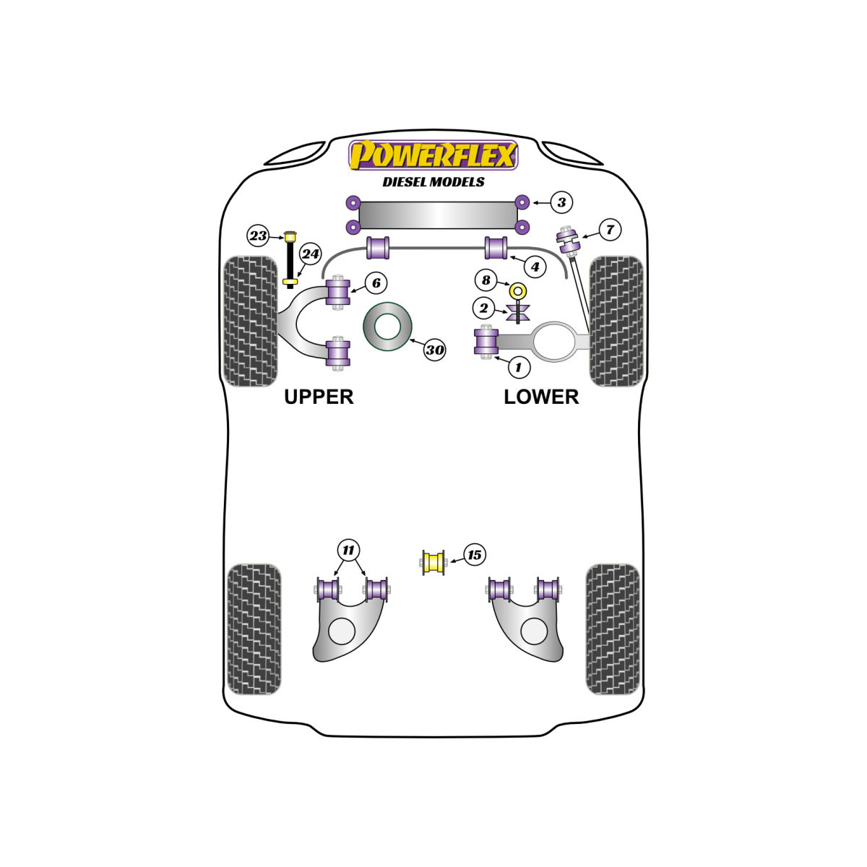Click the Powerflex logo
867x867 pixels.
(x=433, y=155)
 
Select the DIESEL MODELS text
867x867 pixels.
(x=433, y=182)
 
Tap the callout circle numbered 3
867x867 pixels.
(x=561, y=202)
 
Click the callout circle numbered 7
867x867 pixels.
(x=610, y=230)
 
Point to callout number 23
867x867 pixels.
(x=258, y=236)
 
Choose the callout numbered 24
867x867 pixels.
(x=311, y=254)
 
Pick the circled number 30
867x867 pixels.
(x=435, y=350)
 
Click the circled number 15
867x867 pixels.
(x=474, y=555)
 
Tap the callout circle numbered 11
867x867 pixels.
(x=349, y=550)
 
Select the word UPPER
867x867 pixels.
(x=319, y=397)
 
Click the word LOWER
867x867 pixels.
(x=541, y=397)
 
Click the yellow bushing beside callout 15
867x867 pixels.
(x=433, y=562)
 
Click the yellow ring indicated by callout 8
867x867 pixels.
(x=518, y=290)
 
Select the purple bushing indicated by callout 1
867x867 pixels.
(x=486, y=342)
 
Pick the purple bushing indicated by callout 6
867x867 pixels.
(x=338, y=292)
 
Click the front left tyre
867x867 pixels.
(x=250, y=322)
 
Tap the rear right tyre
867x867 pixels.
(x=613, y=629)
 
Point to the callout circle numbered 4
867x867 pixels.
(x=535, y=267)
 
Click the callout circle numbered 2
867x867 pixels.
(x=483, y=309)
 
